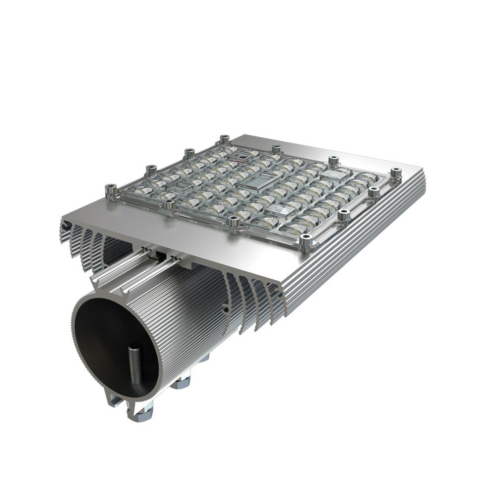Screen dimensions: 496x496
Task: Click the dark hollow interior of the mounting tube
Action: pos(109,347)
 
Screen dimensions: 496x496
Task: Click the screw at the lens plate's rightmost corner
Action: pos(395,172)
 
